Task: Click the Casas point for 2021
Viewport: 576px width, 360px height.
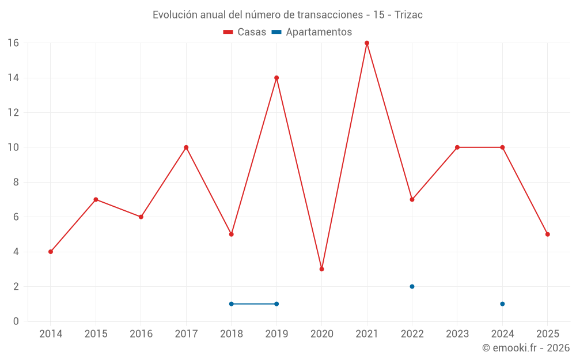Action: point(367,43)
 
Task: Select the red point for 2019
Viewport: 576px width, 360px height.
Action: point(276,78)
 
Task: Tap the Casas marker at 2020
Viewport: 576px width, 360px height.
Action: point(322,269)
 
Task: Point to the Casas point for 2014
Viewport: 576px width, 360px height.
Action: point(51,252)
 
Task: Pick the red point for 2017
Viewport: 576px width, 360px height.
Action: point(186,147)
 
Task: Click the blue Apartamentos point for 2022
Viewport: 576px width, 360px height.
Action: point(412,286)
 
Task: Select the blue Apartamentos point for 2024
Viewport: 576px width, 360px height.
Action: point(502,304)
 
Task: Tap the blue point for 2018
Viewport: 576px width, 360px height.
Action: point(232,304)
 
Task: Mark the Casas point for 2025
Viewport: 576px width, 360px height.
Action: point(548,234)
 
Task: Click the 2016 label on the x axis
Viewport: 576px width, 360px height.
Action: point(141,334)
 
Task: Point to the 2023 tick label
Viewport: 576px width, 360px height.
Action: point(457,334)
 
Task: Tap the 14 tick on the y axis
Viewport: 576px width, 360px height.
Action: point(13,78)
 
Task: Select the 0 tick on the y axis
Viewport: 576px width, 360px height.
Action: point(16,321)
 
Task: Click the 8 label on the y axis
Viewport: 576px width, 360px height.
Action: point(16,182)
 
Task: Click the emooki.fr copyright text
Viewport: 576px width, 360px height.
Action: point(526,348)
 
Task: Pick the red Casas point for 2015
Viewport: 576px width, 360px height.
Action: point(96,199)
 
